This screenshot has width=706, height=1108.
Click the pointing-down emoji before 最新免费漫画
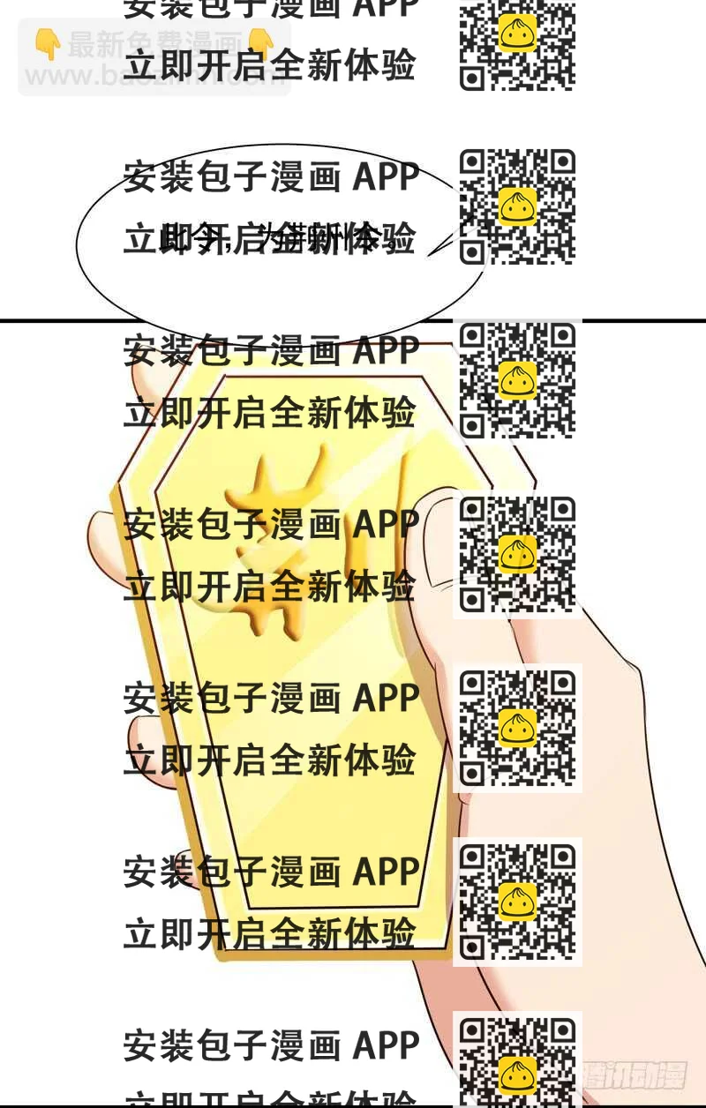pos(47,43)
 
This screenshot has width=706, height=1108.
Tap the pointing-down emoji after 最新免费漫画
pos(260,43)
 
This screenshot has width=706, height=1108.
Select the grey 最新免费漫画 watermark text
pos(154,44)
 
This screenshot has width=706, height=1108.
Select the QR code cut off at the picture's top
pos(517,44)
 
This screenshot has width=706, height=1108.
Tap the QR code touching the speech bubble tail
pos(517,206)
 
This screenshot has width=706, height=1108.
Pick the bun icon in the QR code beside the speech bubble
pos(517,206)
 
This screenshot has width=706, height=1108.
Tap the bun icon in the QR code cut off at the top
pos(517,34)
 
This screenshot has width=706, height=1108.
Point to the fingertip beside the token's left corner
pos(101,529)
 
